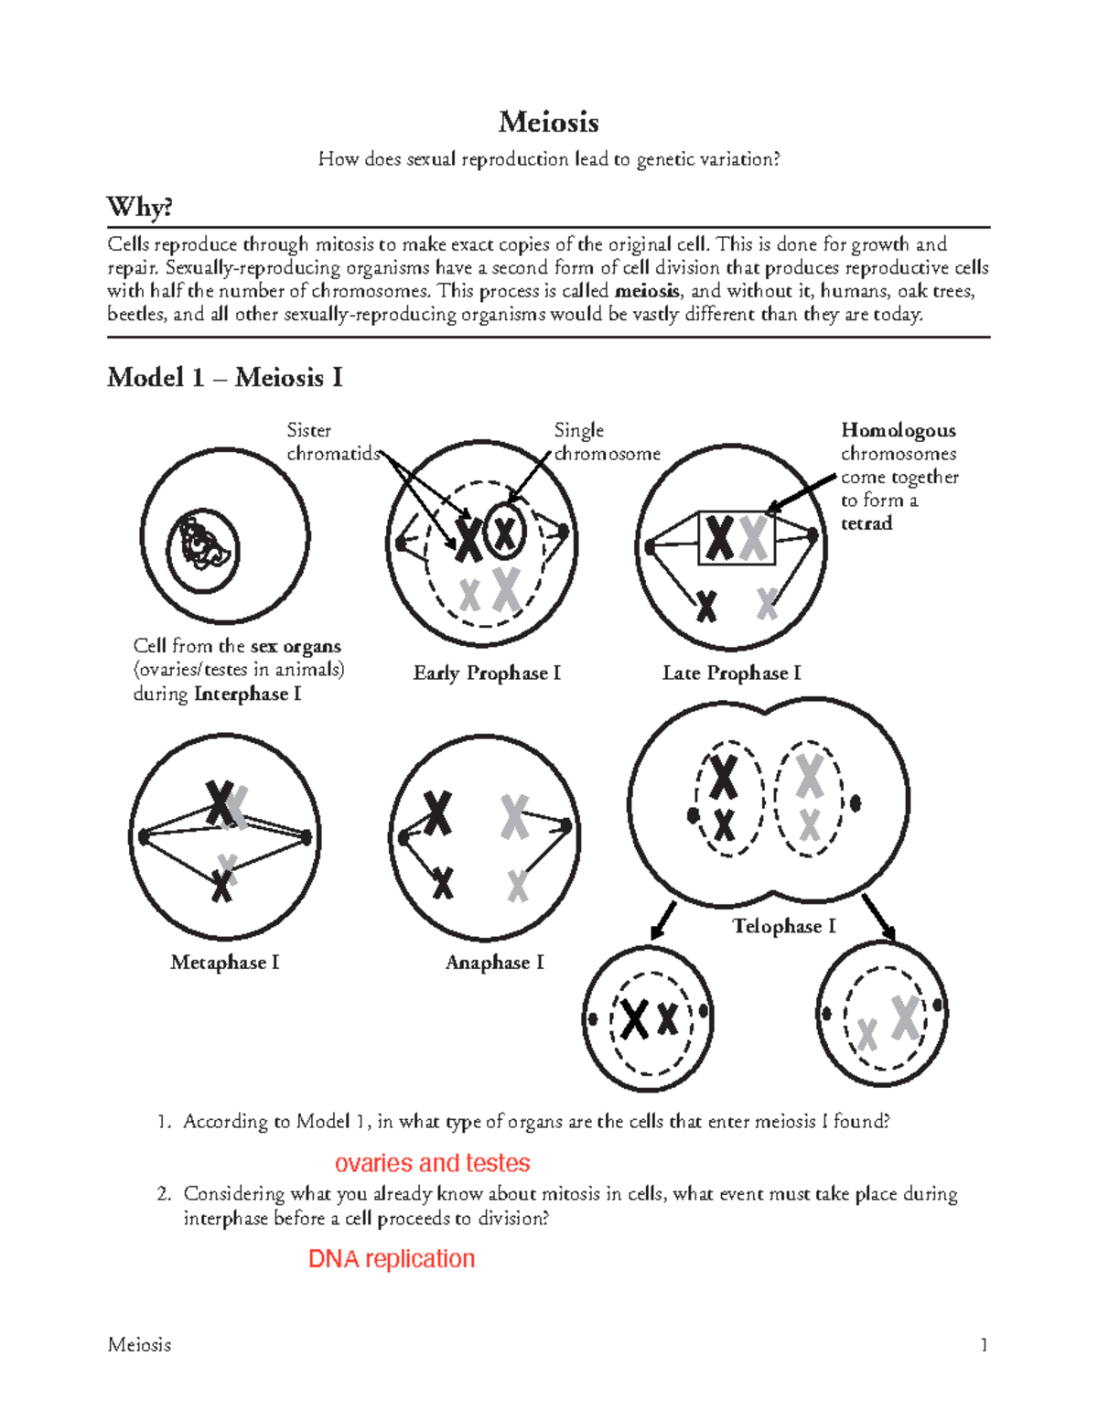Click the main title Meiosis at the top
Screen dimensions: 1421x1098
[548, 122]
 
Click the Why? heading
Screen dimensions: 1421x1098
[139, 207]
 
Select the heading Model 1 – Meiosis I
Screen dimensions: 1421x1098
[224, 377]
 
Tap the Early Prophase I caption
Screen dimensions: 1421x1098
[487, 673]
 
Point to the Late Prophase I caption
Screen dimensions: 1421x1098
[731, 673]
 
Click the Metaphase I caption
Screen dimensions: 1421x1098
[224, 963]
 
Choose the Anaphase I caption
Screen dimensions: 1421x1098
[494, 963]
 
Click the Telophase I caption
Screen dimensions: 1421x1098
[783, 926]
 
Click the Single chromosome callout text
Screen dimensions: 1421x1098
[606, 442]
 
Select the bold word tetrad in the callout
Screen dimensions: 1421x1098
[866, 523]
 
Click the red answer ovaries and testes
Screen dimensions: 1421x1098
[432, 1163]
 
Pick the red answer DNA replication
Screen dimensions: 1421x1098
[392, 1259]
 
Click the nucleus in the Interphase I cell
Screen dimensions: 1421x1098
[203, 550]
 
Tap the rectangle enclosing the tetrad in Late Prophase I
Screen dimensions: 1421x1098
[737, 538]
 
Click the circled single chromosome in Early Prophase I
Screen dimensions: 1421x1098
[504, 532]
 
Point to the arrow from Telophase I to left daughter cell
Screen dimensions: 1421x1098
[662, 920]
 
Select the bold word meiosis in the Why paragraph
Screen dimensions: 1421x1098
[647, 291]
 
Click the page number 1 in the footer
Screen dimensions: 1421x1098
[984, 1344]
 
